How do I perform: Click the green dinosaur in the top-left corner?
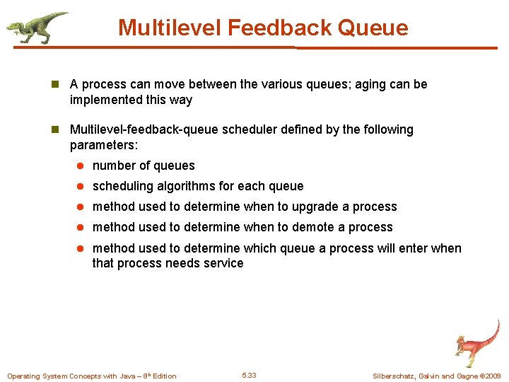click(x=35, y=27)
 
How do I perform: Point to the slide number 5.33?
click(x=249, y=375)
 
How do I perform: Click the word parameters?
click(x=105, y=145)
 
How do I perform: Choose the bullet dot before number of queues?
click(x=81, y=166)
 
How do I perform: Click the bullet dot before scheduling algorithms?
click(x=81, y=187)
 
